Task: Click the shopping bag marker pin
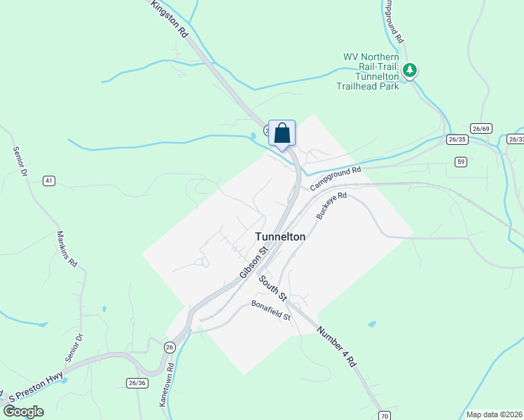pyautogui.click(x=282, y=133)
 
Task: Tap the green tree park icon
pyautogui.click(x=411, y=70)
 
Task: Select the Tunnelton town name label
pyautogui.click(x=280, y=237)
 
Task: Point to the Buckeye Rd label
pyautogui.click(x=331, y=206)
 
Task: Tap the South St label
pyautogui.click(x=273, y=288)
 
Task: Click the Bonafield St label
pyautogui.click(x=271, y=311)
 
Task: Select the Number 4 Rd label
pyautogui.click(x=337, y=347)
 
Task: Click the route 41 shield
pyautogui.click(x=48, y=181)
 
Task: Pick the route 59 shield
pyautogui.click(x=460, y=162)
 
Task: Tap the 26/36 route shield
pyautogui.click(x=137, y=383)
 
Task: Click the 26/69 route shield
pyautogui.click(x=481, y=128)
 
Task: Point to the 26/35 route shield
pyautogui.click(x=457, y=139)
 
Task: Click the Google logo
pyautogui.click(x=23, y=412)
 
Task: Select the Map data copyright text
pyautogui.click(x=494, y=414)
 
